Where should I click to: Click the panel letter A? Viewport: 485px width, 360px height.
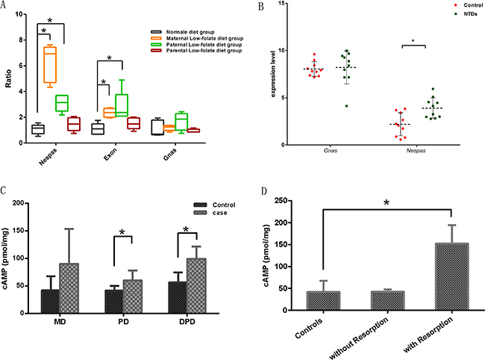5,7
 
